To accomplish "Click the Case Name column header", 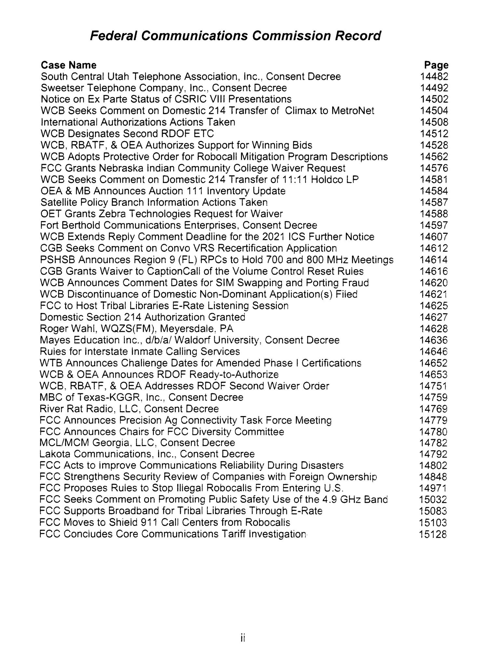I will tap(69, 65).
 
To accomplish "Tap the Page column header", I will tap(436, 65).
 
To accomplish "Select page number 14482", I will tap(434, 77).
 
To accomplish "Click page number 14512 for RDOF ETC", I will tap(434, 134).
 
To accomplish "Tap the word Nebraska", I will tap(125, 168).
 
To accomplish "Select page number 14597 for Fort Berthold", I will tap(434, 225).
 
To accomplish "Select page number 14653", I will tap(434, 374).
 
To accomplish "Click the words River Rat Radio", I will tap(75, 409).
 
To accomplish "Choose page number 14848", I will tap(434, 477).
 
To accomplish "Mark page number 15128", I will tap(434, 534).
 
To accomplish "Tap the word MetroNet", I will tap(353, 111).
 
